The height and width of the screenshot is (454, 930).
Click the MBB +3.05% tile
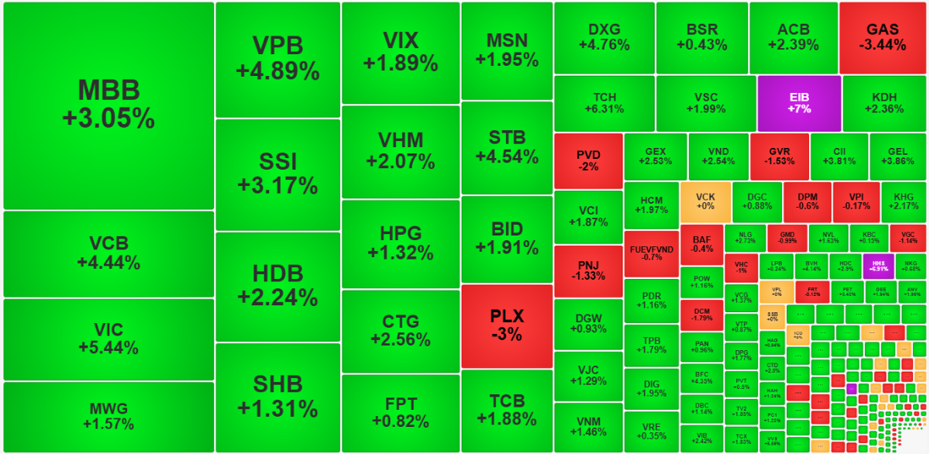click(108, 105)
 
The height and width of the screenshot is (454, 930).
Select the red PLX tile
click(507, 325)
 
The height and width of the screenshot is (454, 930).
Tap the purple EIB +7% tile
click(799, 103)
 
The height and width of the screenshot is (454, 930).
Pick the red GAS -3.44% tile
click(882, 37)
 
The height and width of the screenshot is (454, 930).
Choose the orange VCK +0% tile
click(705, 202)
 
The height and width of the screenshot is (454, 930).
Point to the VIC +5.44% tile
click(108, 339)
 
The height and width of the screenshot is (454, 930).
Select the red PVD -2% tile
click(588, 160)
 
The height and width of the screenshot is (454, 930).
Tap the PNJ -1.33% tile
click(588, 271)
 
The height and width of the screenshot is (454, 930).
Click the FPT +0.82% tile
click(400, 412)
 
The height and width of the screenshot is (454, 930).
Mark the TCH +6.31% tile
click(604, 103)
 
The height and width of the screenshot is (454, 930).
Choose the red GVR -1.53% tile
click(779, 156)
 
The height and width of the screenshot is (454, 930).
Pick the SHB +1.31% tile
click(277, 396)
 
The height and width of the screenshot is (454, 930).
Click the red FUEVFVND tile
click(651, 253)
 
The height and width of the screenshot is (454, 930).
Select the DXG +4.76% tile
click(604, 37)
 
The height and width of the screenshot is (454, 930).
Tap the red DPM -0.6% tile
click(807, 201)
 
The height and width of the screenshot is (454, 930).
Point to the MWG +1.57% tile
click(108, 416)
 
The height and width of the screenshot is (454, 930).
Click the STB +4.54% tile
click(507, 147)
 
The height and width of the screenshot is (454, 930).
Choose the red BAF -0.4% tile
click(702, 245)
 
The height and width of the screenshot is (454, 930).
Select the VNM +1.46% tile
click(588, 425)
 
